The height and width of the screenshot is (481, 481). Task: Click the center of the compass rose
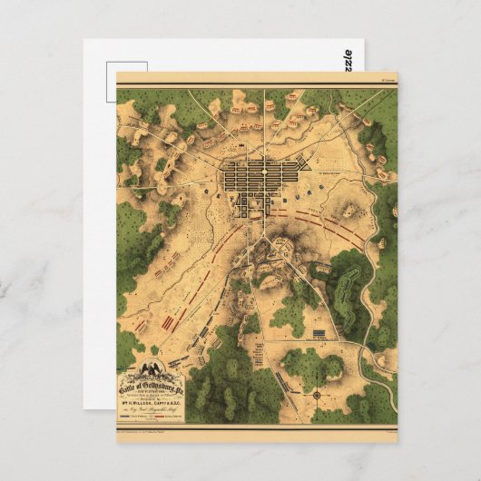315,396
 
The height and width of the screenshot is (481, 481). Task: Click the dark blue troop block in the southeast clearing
320,334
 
